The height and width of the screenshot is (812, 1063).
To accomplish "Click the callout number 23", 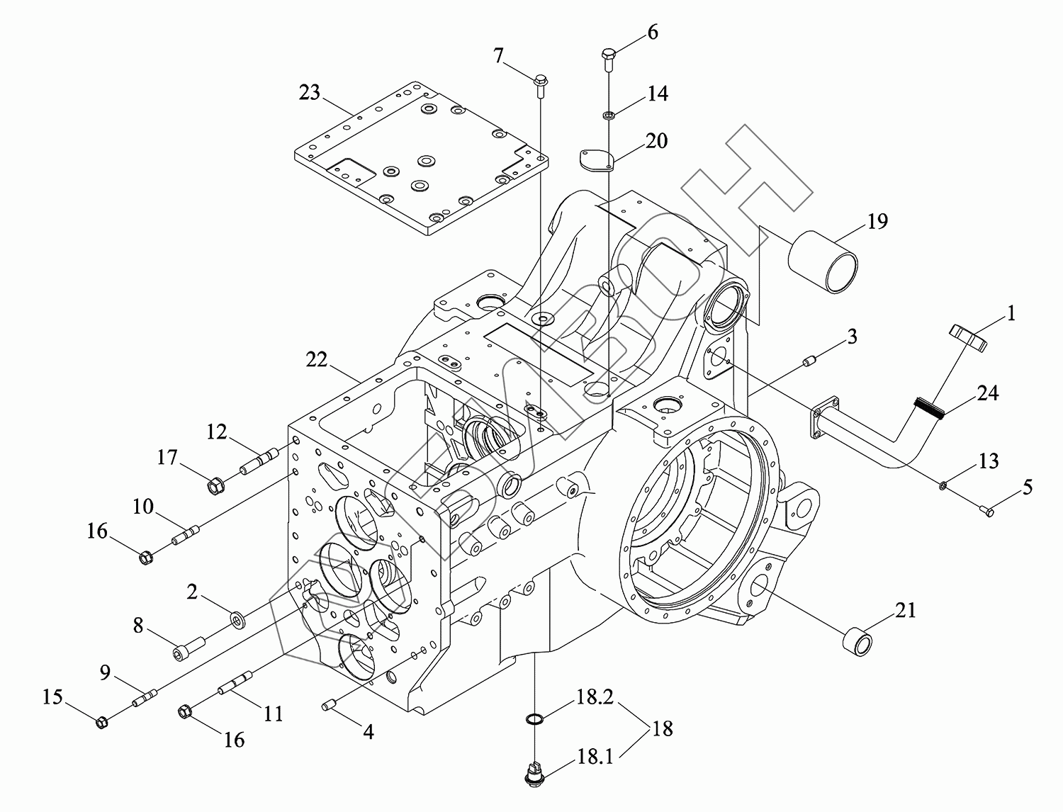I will point(310,93).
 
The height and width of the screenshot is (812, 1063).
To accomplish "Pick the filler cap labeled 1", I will point(969,336).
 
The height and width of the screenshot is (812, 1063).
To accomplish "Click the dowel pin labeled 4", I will point(329,705).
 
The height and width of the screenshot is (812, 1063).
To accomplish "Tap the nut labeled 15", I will point(101,723).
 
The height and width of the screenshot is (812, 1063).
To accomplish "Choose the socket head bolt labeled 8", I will point(189,648).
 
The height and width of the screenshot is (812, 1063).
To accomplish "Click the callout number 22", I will point(317,360).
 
